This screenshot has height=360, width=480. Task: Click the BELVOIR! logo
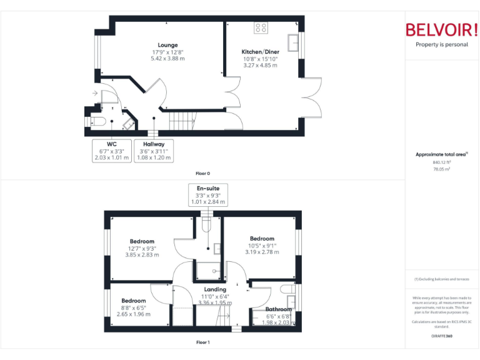(x=442, y=30)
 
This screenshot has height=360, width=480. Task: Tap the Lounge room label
(x=167, y=45)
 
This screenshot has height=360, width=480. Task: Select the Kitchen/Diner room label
(x=260, y=52)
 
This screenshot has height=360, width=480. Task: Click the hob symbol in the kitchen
(x=261, y=27)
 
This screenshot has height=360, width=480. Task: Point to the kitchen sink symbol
(x=294, y=42)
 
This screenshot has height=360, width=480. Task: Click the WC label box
(x=111, y=151)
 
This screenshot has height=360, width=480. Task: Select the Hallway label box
(x=153, y=151)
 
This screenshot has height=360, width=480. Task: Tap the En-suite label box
(x=208, y=195)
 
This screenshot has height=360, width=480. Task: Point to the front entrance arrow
(x=94, y=94)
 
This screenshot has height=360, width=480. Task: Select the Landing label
(x=215, y=289)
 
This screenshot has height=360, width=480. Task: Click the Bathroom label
(x=278, y=309)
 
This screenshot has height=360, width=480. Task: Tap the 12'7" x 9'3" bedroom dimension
(x=142, y=248)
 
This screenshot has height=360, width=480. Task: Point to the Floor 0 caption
(x=203, y=172)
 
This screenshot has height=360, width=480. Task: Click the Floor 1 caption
(x=203, y=342)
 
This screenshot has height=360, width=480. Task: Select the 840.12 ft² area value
(x=442, y=162)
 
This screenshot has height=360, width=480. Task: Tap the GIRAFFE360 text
(x=442, y=336)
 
